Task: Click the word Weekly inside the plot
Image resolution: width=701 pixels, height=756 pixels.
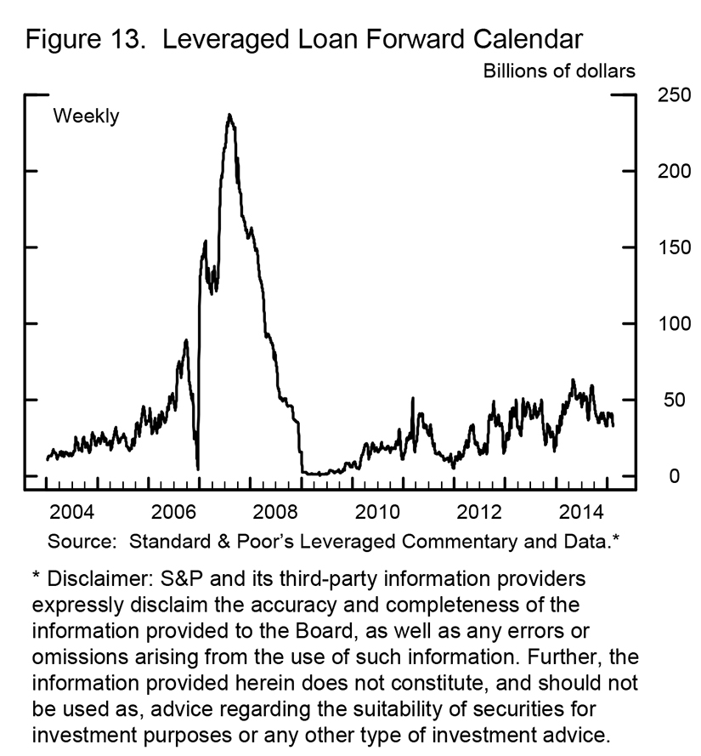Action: point(87,117)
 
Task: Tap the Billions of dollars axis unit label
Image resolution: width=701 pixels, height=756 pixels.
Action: point(559,71)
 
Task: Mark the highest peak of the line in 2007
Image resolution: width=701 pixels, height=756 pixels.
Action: point(229,115)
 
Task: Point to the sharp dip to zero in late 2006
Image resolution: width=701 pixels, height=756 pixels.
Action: point(198,469)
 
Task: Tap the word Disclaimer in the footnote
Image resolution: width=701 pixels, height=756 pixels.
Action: point(91,579)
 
